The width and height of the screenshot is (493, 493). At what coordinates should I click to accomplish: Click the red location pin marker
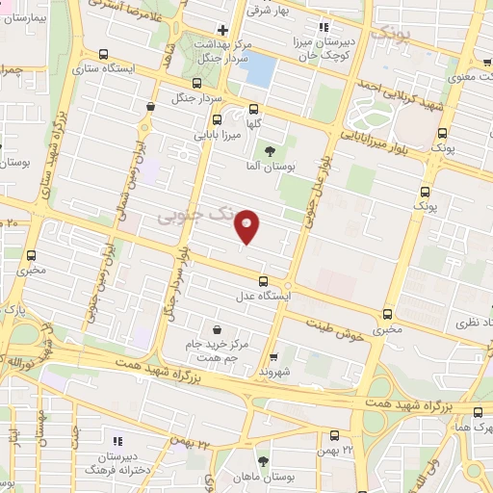tap(247, 226)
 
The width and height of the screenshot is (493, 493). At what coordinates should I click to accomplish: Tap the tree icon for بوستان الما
tap(270, 150)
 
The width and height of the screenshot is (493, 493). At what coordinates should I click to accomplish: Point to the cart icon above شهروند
tap(273, 357)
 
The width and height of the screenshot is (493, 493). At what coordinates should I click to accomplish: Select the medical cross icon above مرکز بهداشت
tap(222, 30)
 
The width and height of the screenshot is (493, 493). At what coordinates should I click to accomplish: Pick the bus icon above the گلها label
tap(254, 109)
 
